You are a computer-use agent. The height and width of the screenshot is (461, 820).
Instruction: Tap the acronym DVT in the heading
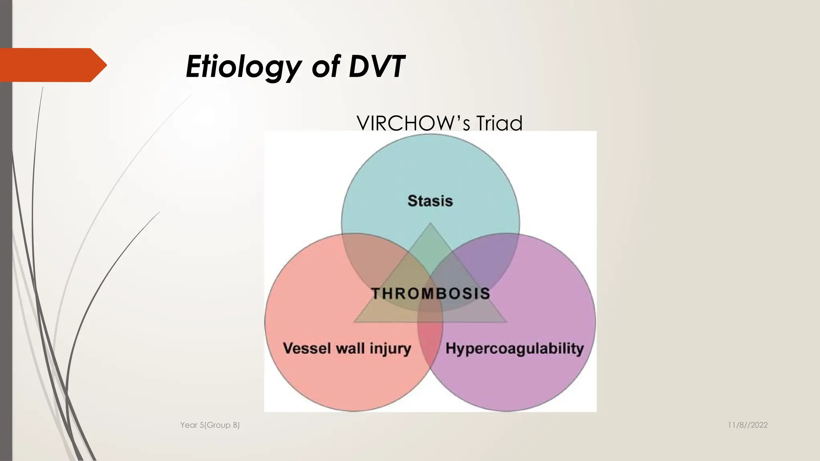tap(376, 66)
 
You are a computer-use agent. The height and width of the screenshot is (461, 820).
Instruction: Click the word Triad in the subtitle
tap(499, 123)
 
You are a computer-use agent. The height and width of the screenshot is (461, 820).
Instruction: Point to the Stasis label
tap(430, 200)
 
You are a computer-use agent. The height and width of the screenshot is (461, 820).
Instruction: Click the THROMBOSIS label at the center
tap(430, 293)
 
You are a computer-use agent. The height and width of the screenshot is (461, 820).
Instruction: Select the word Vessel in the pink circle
tap(307, 348)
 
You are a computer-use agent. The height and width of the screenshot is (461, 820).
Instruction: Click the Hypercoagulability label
tap(515, 348)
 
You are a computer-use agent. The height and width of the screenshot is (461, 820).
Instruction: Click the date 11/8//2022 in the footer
tap(748, 425)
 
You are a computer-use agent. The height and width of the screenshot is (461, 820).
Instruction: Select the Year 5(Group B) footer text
tap(210, 425)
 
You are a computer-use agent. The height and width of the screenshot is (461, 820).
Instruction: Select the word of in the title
tap(326, 66)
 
